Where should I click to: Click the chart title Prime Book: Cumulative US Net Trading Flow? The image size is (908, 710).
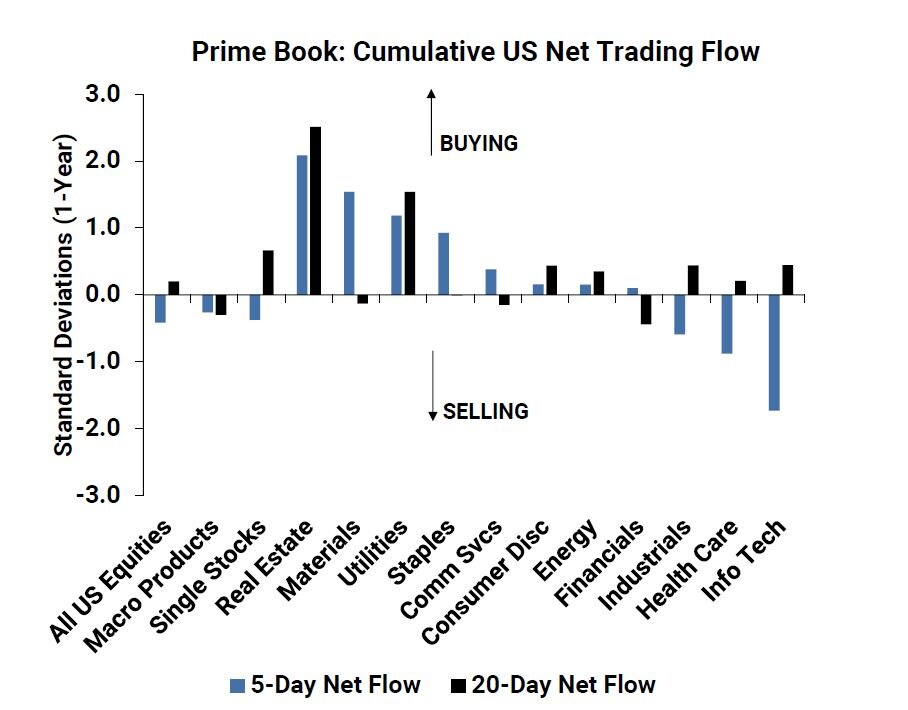(475, 52)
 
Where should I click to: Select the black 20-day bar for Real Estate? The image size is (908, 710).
(315, 210)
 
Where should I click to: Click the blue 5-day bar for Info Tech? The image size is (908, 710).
(774, 352)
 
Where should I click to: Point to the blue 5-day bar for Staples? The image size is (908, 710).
(443, 264)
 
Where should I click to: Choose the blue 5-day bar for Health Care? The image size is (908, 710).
(727, 324)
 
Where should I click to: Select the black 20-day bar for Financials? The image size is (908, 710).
(646, 309)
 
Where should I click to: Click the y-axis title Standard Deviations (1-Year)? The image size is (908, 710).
(63, 295)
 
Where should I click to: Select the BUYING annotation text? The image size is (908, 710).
(478, 143)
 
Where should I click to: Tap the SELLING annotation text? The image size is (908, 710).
(485, 411)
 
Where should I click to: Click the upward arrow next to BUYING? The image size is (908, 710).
(432, 120)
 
